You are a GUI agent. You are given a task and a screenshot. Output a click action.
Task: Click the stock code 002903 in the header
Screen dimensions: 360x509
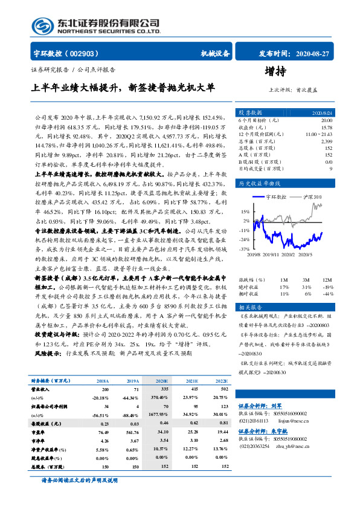click(x=85, y=53)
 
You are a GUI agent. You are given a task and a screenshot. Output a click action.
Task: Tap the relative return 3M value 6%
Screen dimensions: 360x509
click(x=307, y=293)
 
